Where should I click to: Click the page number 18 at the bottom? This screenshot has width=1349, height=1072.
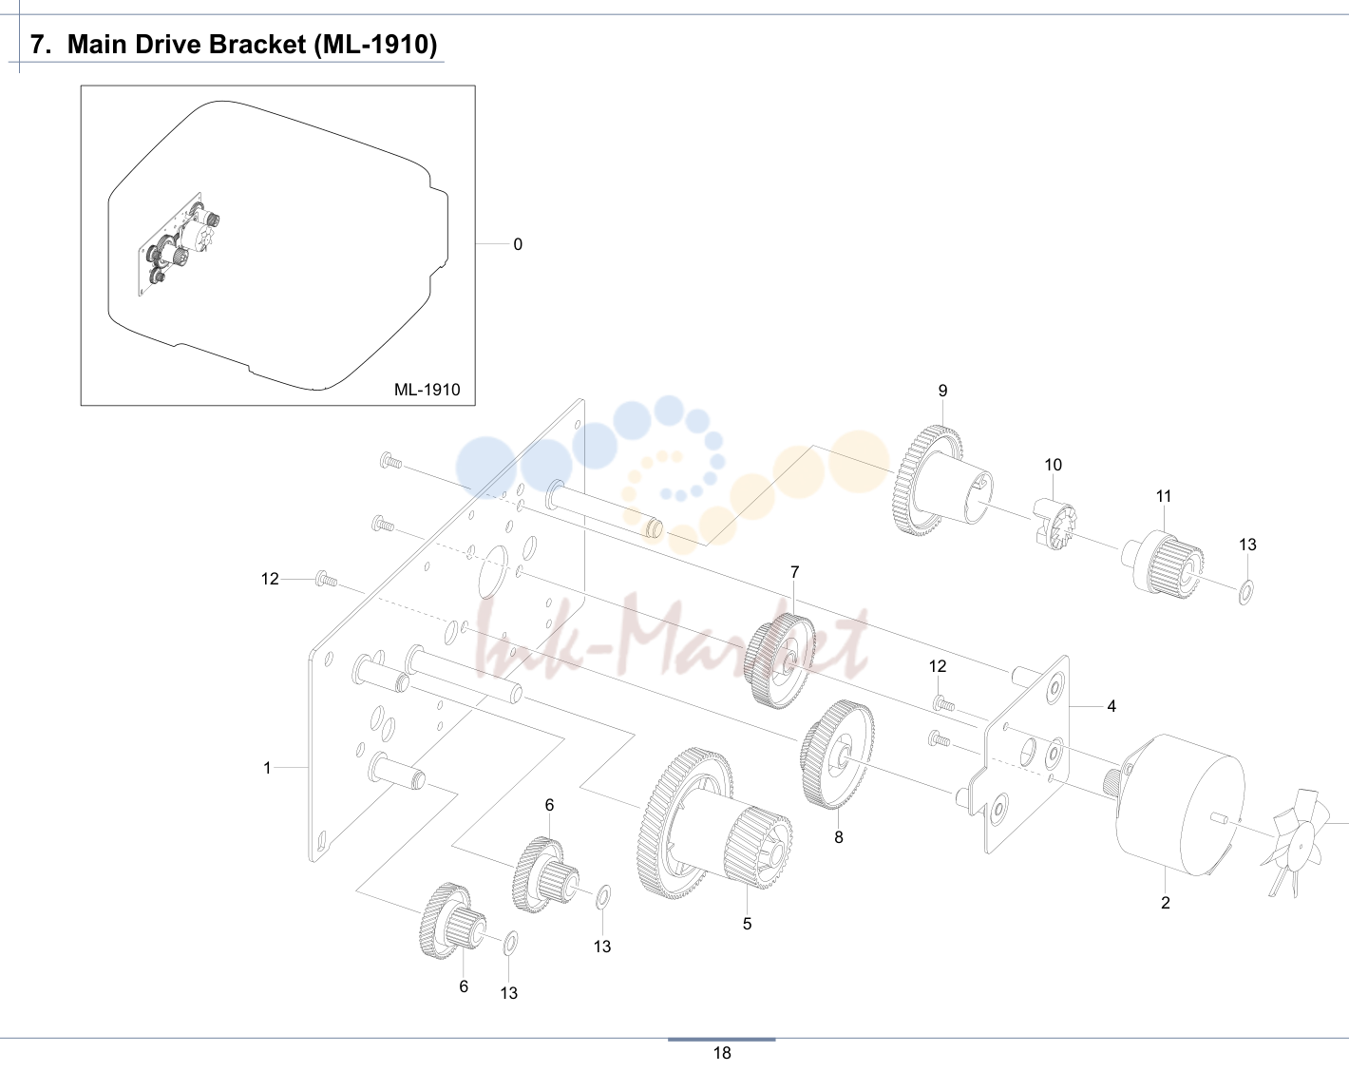(722, 1053)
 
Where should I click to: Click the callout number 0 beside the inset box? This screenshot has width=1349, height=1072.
(518, 244)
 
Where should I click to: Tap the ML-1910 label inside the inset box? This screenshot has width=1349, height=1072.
(427, 390)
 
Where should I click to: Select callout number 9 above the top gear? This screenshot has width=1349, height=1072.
(942, 391)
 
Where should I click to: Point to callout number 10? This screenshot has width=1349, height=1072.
(1054, 465)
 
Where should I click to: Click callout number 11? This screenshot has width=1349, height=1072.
(1164, 496)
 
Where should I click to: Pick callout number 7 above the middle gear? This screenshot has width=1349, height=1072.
(795, 572)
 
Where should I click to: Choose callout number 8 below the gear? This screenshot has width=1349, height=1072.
(839, 837)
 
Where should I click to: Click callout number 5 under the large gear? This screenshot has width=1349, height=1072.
(748, 924)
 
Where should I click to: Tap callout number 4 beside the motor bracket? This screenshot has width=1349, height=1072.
(1111, 706)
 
